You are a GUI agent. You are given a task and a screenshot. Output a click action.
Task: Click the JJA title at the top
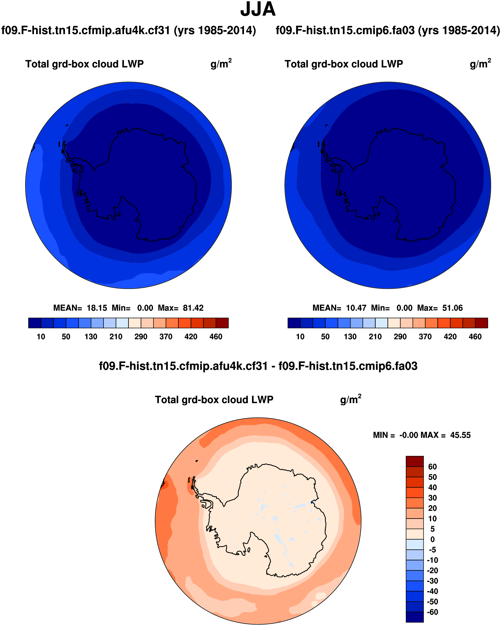[258, 10]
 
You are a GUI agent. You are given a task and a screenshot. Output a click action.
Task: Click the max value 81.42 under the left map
[193, 308]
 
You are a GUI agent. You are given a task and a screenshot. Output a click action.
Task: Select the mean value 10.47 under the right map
[356, 308]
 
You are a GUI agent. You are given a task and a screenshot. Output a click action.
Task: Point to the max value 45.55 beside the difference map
[460, 435]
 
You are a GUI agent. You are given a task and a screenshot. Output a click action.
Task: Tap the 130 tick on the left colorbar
[91, 337]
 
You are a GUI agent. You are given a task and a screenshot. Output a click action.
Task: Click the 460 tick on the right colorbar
[475, 337]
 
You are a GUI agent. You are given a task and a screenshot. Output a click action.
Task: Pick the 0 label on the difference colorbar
[433, 539]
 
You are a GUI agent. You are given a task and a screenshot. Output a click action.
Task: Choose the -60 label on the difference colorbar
[432, 612]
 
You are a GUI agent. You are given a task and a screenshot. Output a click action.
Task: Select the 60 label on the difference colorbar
[433, 467]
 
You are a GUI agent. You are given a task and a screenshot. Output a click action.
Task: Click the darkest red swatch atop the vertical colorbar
[414, 461]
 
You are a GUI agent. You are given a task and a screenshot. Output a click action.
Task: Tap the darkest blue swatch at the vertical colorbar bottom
[414, 617]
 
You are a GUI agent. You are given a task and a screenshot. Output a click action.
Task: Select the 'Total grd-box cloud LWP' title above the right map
[344, 64]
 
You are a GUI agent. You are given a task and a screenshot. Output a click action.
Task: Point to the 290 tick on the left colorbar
[141, 337]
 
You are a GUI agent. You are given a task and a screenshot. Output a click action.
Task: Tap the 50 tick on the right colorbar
[325, 337]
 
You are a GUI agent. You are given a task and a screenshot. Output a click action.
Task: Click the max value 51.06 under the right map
[452, 308]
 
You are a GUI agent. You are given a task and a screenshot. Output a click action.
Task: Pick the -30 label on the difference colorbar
[432, 581]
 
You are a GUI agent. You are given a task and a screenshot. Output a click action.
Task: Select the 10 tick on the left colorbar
[41, 337]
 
